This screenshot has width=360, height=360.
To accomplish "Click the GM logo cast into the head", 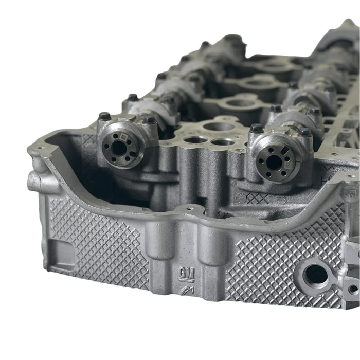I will pyautogui.click(x=186, y=273).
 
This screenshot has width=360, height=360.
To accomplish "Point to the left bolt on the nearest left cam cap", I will pyautogui.click(x=105, y=117).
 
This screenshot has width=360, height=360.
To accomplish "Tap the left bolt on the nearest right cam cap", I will pyautogui.click(x=256, y=128).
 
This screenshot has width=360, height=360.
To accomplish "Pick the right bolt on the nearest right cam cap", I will pyautogui.click(x=305, y=133).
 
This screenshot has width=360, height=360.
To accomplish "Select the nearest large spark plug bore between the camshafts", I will pyautogui.click(x=217, y=125).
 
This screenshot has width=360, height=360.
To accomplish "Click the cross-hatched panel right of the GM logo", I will pyautogui.click(x=278, y=257).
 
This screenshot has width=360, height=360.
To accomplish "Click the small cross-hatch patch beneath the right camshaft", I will pyautogui.click(x=257, y=198).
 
